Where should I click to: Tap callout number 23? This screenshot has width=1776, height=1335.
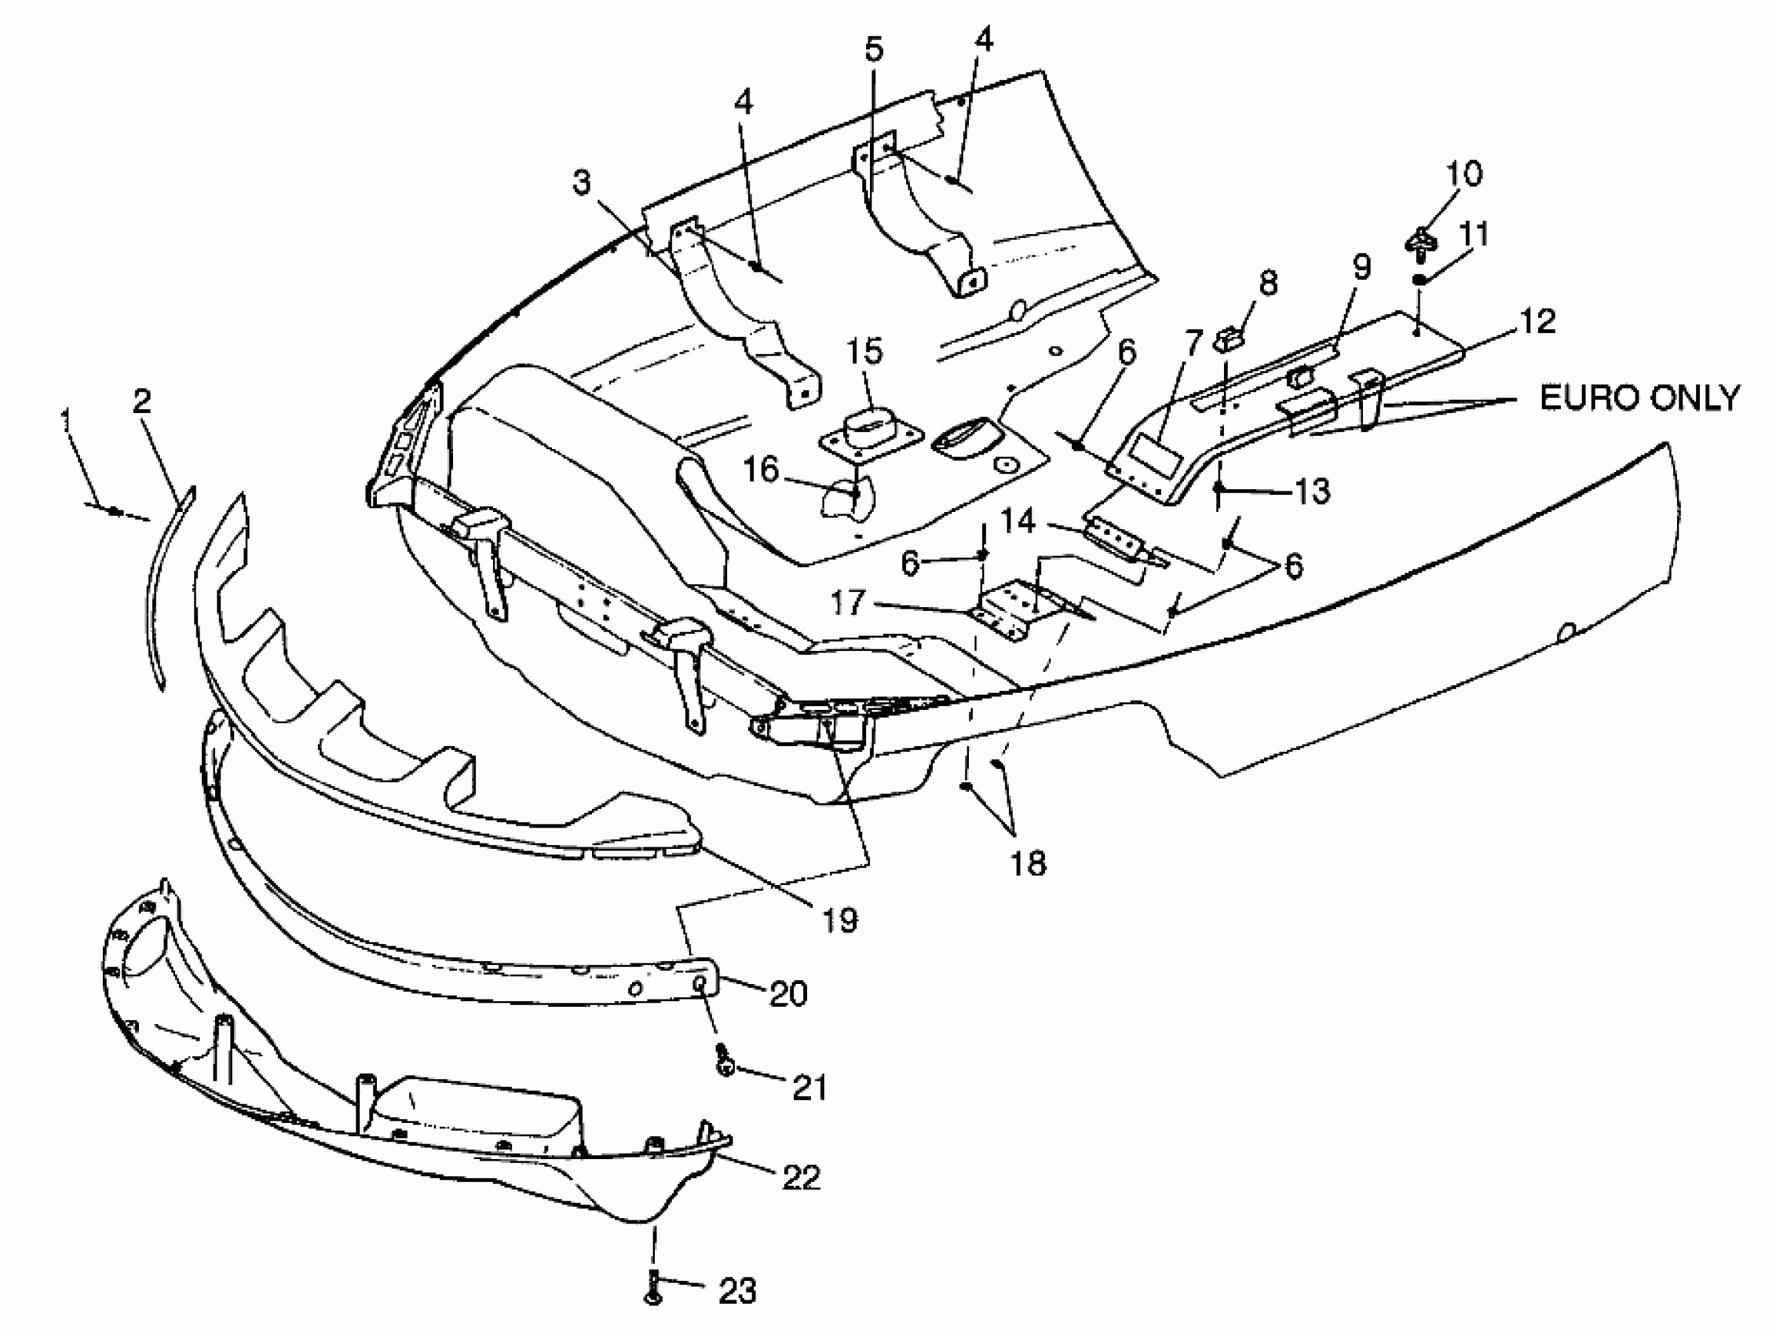[737, 1292]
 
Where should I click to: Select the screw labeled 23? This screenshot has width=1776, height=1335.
[653, 1288]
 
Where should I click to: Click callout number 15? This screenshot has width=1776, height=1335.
[864, 352]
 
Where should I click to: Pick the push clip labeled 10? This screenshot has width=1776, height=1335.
[1421, 243]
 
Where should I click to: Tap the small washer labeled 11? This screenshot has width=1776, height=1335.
[1420, 279]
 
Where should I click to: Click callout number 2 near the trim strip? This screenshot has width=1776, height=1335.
[142, 400]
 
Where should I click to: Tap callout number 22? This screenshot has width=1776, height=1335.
[801, 1179]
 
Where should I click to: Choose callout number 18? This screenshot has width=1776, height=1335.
[1029, 864]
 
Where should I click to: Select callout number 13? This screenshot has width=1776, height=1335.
[1313, 490]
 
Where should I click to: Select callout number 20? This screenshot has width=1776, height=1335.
[788, 994]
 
